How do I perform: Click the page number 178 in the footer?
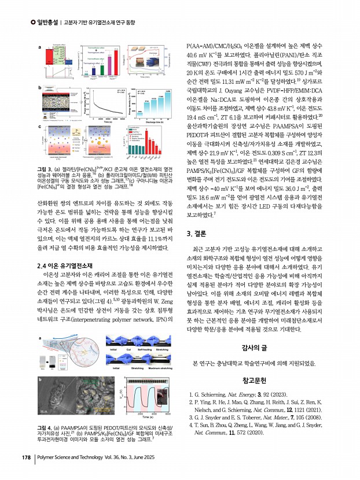point(25,459)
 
